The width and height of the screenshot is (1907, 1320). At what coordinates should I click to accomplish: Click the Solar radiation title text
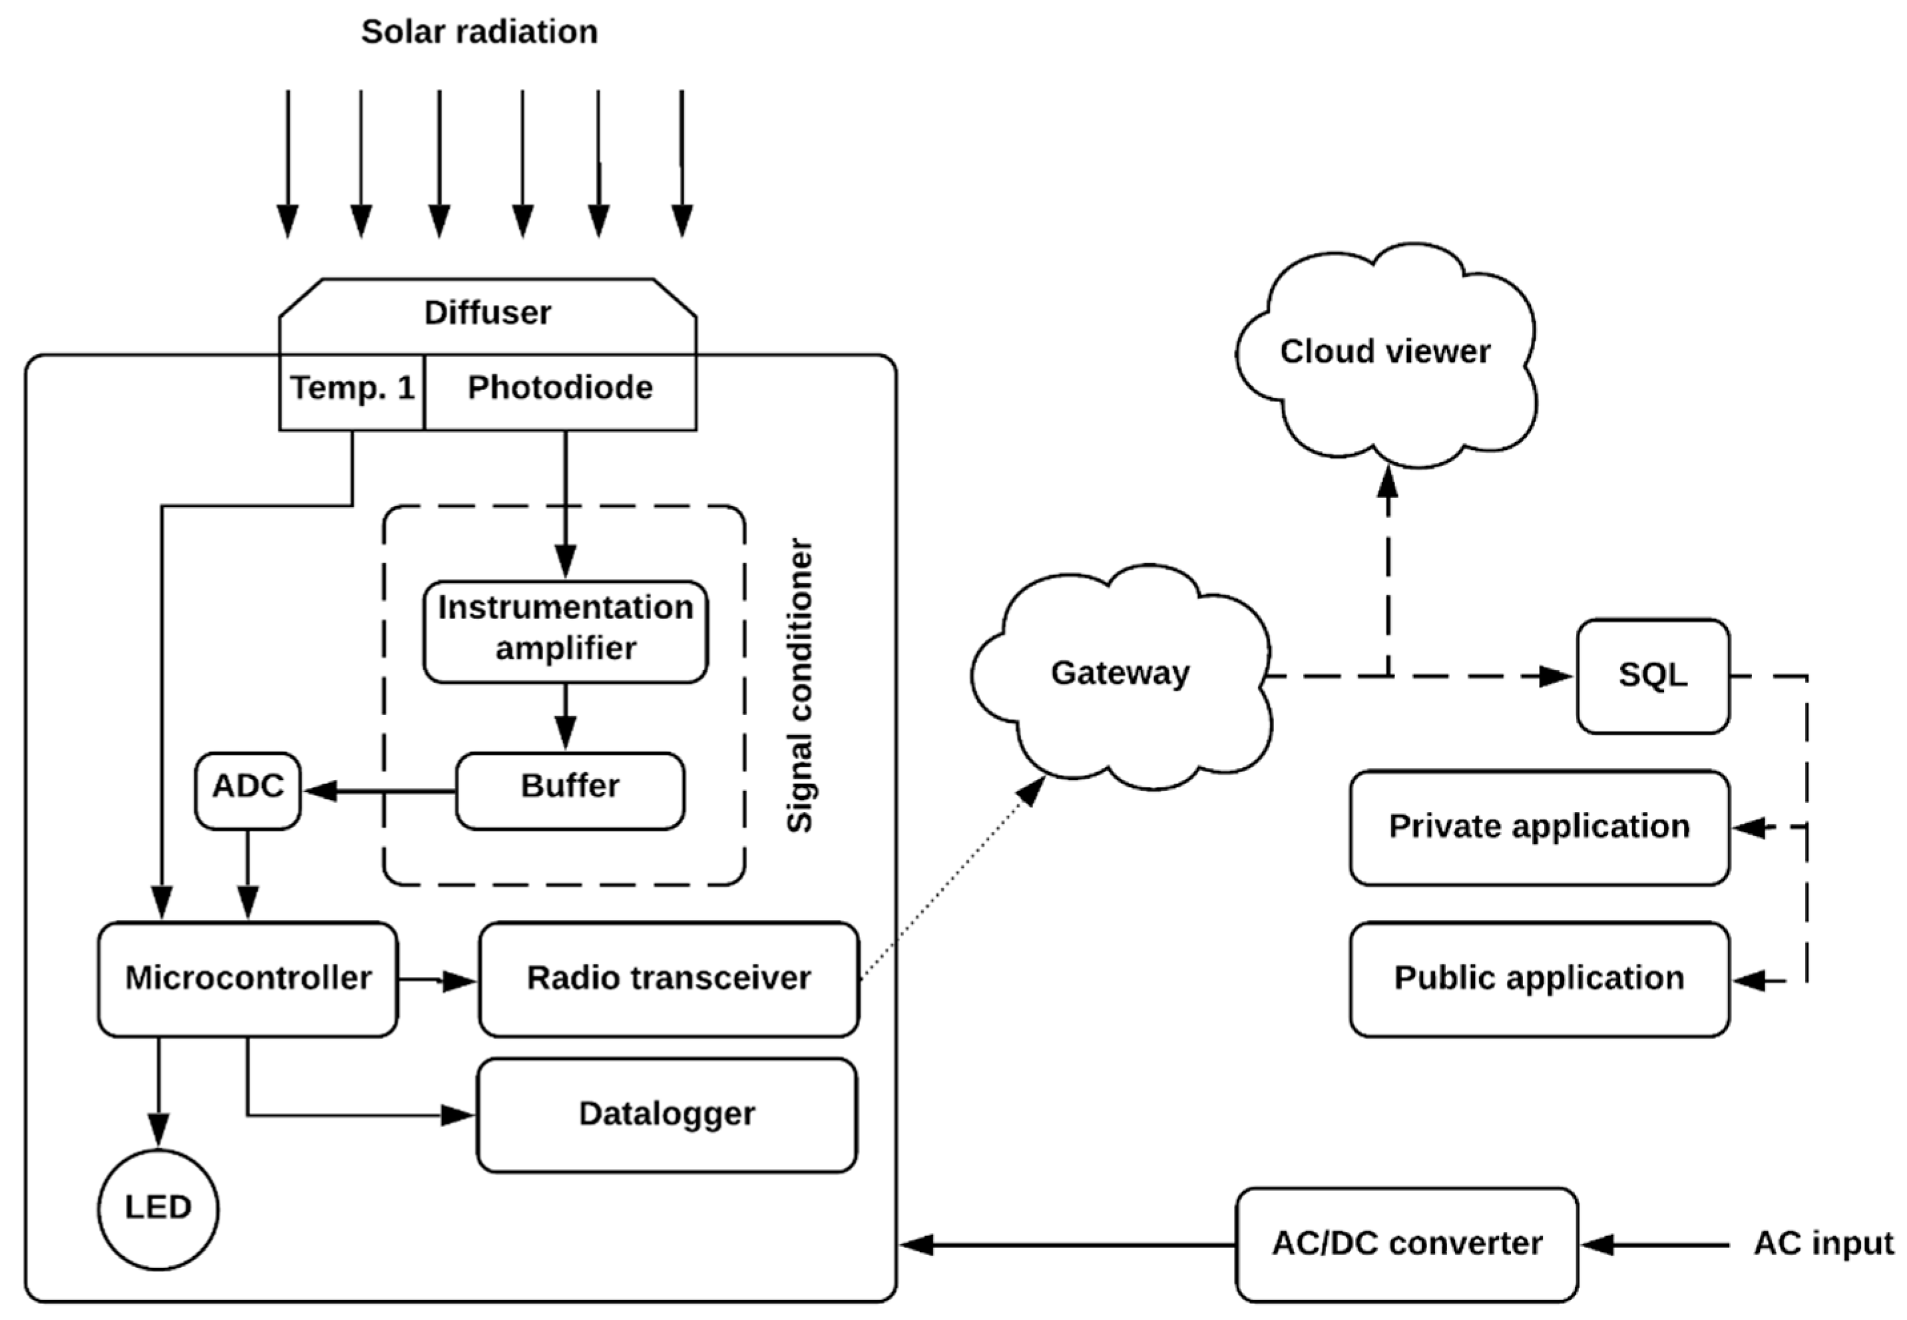click(479, 32)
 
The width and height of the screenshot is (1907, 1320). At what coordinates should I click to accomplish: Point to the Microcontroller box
click(247, 979)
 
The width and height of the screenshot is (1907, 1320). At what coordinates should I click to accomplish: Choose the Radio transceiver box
click(668, 979)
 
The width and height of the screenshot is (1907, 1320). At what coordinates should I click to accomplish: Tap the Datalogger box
click(666, 1114)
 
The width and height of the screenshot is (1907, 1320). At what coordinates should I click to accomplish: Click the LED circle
click(158, 1208)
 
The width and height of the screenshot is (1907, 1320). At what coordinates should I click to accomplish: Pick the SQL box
click(1652, 676)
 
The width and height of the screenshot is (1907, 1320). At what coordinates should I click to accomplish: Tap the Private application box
click(1539, 827)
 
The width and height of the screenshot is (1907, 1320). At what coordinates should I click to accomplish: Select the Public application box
click(1539, 979)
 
